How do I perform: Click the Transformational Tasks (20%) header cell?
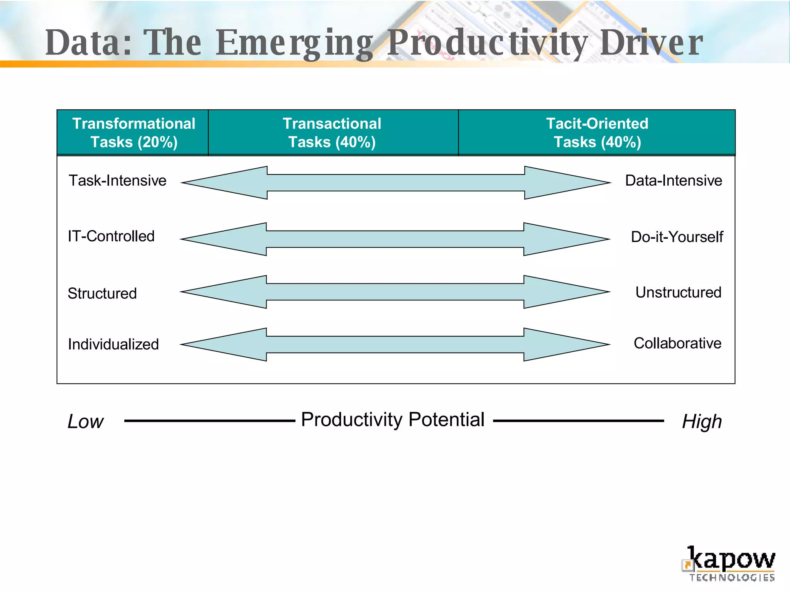pyautogui.click(x=133, y=133)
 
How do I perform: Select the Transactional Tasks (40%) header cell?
pyautogui.click(x=332, y=133)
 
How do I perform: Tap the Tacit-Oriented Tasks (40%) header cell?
pyautogui.click(x=597, y=133)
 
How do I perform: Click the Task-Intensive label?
pyautogui.click(x=117, y=181)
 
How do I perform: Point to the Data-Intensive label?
pyautogui.click(x=674, y=181)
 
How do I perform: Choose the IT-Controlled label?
pyautogui.click(x=111, y=236)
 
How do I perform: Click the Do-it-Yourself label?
pyautogui.click(x=677, y=237)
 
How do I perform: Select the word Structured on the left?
pyautogui.click(x=102, y=293)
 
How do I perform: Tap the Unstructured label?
pyautogui.click(x=678, y=293)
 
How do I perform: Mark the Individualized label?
pyautogui.click(x=113, y=344)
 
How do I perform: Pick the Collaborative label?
pyautogui.click(x=677, y=343)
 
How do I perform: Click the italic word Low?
pyautogui.click(x=85, y=422)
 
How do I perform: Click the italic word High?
pyautogui.click(x=702, y=422)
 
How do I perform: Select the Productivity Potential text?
pyautogui.click(x=393, y=420)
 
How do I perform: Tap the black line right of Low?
pyautogui.click(x=209, y=421)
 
